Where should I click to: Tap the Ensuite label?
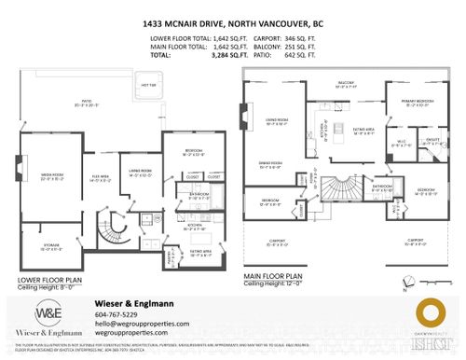tap(409, 143)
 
